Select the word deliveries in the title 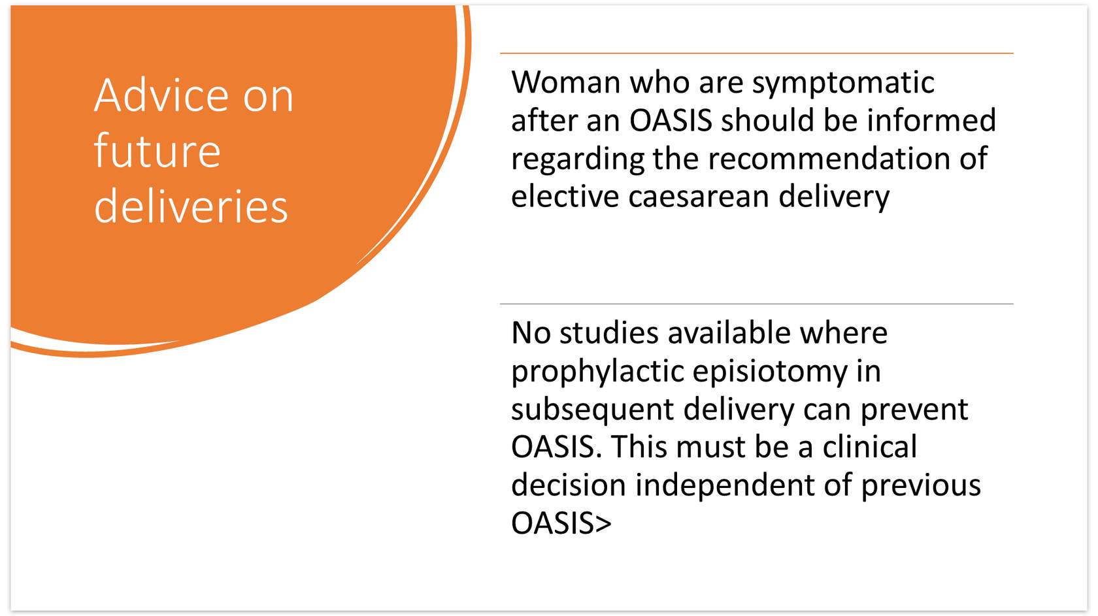pyautogui.click(x=191, y=206)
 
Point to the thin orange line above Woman pyautogui.click(x=756, y=53)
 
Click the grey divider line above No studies pyautogui.click(x=756, y=304)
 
